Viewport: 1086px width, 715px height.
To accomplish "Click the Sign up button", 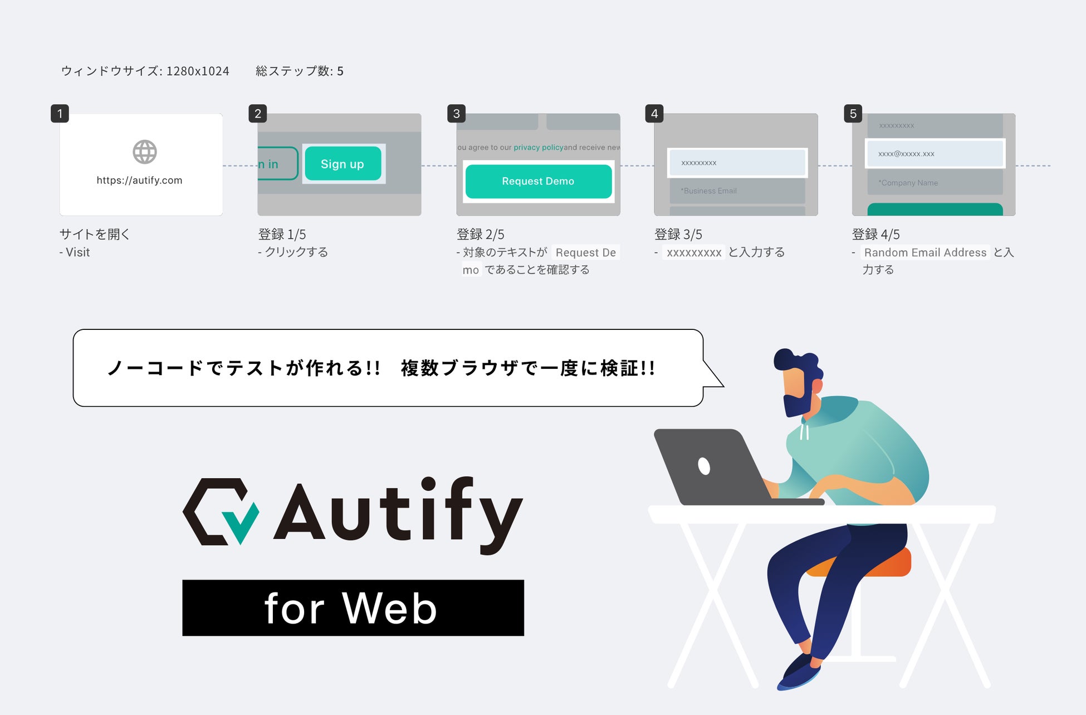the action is tap(343, 164).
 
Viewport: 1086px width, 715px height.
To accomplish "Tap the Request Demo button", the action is tap(538, 181).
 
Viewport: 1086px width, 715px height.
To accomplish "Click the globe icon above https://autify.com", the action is tap(145, 152).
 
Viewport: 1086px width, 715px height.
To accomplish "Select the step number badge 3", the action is tap(456, 114).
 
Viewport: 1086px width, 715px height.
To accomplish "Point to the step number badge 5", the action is tap(853, 114).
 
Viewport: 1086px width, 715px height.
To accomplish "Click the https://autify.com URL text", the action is tap(139, 181).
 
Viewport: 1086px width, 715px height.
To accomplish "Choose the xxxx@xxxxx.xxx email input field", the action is tap(935, 153).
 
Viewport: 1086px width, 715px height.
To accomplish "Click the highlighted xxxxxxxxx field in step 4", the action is tap(737, 163).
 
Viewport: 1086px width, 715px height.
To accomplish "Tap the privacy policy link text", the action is tap(538, 148).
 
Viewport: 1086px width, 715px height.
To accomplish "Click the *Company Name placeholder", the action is tap(908, 183).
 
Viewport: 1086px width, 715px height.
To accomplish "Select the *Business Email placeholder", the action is tap(708, 191).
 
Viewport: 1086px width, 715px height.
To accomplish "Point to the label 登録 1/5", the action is tap(282, 235).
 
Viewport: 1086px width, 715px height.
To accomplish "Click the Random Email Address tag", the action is tap(925, 252).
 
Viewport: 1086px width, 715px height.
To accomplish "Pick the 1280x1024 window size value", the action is tap(198, 71).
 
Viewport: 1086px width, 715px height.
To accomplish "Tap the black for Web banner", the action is tap(353, 608).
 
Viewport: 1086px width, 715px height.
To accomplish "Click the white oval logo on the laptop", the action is tap(704, 465).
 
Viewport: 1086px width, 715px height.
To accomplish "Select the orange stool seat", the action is tap(891, 563).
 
